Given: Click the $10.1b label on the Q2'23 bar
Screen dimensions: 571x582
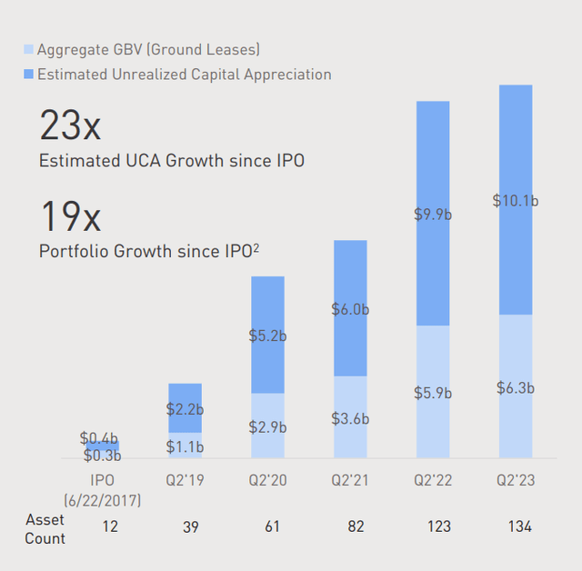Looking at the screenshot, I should coord(515,200).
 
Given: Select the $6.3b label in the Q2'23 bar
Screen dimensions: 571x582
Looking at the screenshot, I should coord(515,387).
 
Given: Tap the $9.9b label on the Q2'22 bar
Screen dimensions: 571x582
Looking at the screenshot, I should coord(432,215).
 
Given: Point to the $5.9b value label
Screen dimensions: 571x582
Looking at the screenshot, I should coord(432,394).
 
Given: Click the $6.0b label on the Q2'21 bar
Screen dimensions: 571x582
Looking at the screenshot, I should coord(349,309).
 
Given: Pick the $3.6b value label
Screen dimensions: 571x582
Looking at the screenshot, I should coord(349,419).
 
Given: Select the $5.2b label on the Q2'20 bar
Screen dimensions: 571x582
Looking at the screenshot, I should coord(267,336).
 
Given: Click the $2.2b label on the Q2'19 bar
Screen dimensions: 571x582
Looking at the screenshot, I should coord(185,409).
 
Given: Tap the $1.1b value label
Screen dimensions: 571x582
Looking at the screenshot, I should coord(185,446).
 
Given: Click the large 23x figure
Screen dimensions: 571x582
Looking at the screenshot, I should coord(70,125).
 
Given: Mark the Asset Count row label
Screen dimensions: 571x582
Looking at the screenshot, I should coord(45,528).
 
